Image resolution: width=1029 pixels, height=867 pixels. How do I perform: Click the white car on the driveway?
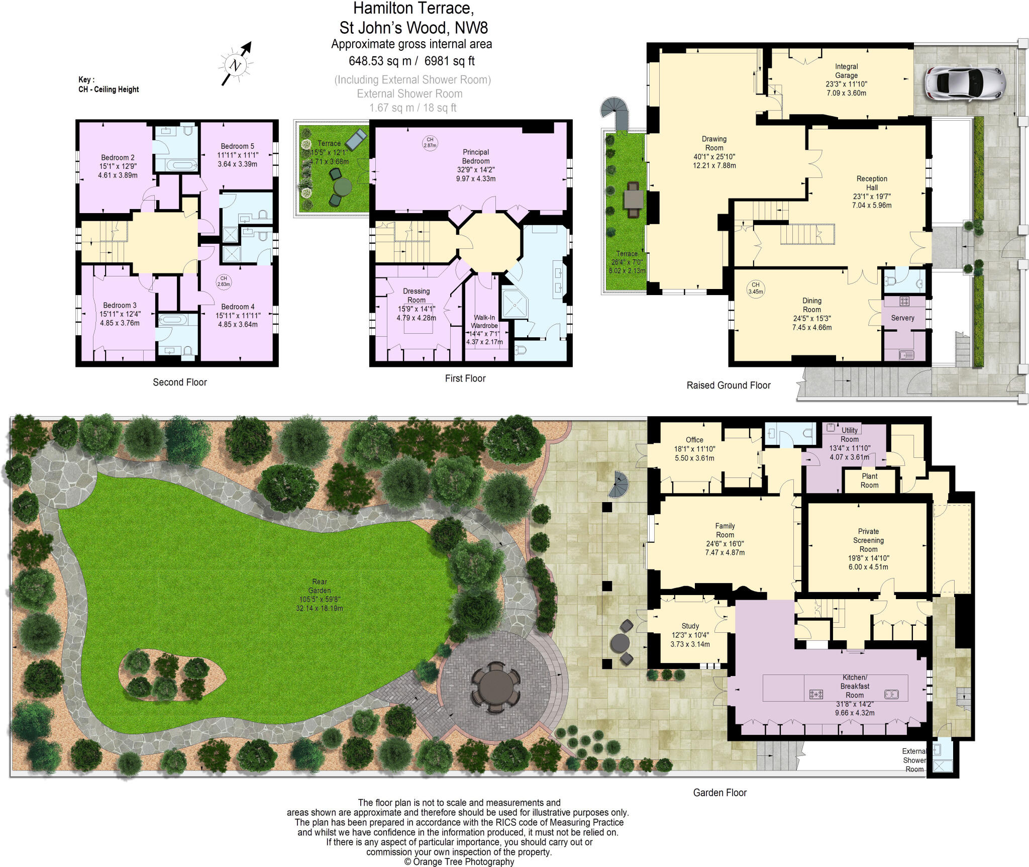point(965,83)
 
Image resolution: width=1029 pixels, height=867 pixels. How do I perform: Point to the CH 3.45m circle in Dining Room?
point(756,288)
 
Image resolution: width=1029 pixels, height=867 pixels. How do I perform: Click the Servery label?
point(902,318)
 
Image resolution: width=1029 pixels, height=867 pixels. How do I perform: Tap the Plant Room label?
point(869,480)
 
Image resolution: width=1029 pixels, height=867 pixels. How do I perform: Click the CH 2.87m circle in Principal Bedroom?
point(430,143)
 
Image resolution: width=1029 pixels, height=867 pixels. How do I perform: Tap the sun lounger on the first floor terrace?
point(356,139)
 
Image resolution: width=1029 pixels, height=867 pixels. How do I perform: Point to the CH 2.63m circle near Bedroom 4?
point(224,281)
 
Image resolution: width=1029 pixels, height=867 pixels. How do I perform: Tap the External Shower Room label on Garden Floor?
point(914,760)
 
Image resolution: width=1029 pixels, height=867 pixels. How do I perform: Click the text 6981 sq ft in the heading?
point(449,61)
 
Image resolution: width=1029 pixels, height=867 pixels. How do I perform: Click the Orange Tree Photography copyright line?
point(459,861)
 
